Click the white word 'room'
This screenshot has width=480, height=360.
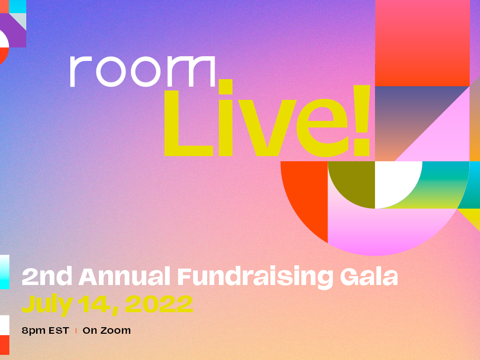tap(142, 71)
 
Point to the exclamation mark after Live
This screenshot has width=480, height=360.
tap(362, 120)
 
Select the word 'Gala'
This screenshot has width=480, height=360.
tap(369, 277)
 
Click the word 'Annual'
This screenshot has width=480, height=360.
tap(124, 277)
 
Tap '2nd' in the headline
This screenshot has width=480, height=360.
tap(47, 276)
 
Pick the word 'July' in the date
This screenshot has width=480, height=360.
tap(47, 305)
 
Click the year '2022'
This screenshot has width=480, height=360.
tap(159, 304)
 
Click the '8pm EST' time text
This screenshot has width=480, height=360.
tap(45, 330)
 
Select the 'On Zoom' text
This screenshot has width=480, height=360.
tap(106, 330)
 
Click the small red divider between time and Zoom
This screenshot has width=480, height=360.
tap(76, 331)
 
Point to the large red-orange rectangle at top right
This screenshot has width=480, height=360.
tap(422, 43)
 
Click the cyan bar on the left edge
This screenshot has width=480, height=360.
tap(5, 272)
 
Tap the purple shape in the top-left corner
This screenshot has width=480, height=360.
tap(15, 34)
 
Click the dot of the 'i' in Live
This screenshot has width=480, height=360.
tap(225, 87)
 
